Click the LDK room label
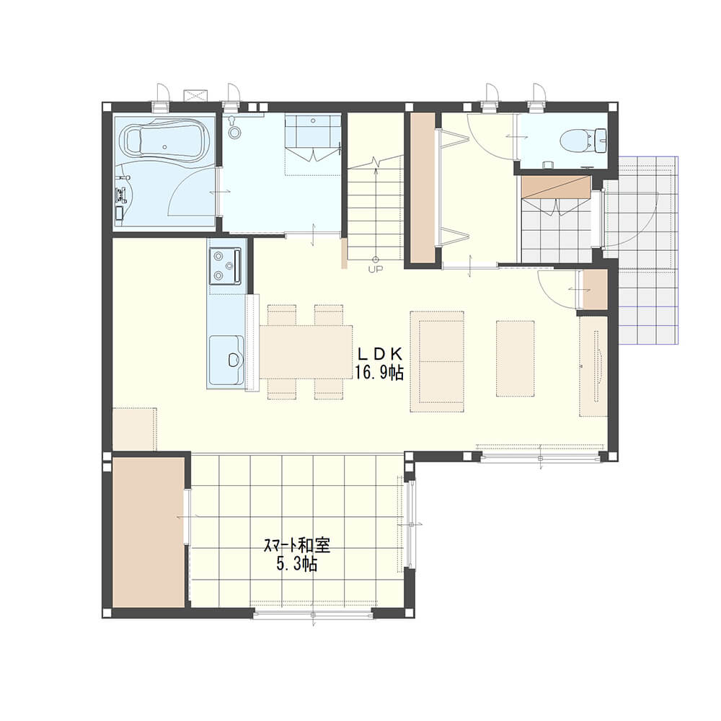[x=380, y=353]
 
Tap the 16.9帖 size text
[x=379, y=372]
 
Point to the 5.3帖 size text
[x=296, y=565]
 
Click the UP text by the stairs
[x=375, y=270]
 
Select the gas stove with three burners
[x=225, y=266]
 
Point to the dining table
[x=306, y=352]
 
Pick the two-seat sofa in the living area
[x=437, y=361]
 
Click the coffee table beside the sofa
[x=515, y=358]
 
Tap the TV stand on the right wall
[x=593, y=366]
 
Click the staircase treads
[x=375, y=208]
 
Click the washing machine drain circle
[x=234, y=133]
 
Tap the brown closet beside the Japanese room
[x=149, y=533]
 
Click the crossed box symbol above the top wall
[x=196, y=96]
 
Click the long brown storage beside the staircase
[x=423, y=188]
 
